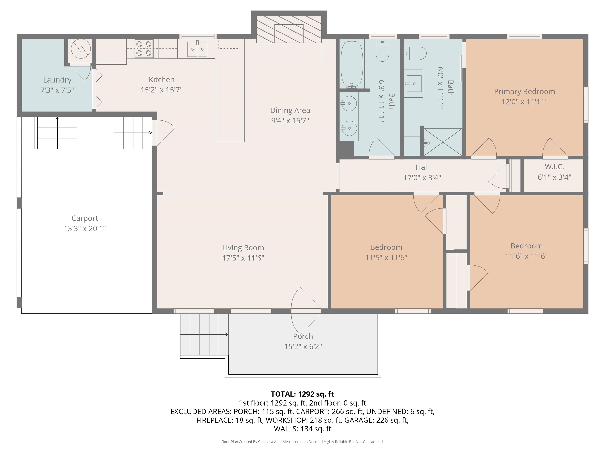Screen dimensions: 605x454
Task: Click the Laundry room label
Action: click(57, 80)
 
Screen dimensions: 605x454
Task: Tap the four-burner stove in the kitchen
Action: click(144, 48)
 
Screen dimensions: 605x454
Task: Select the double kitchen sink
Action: click(197, 49)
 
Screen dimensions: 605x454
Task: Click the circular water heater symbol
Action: click(81, 49)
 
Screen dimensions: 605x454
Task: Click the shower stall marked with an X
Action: click(443, 142)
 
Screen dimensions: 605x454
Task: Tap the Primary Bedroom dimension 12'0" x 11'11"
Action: click(524, 102)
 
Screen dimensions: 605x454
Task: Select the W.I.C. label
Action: click(554, 167)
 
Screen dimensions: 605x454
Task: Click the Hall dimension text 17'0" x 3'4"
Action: click(422, 178)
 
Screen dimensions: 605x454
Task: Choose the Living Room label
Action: click(243, 248)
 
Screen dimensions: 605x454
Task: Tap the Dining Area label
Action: click(290, 110)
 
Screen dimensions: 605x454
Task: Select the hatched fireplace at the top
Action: click(289, 29)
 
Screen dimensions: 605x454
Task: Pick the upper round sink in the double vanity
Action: click(349, 103)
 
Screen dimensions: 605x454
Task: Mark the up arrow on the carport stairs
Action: click(57, 133)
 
